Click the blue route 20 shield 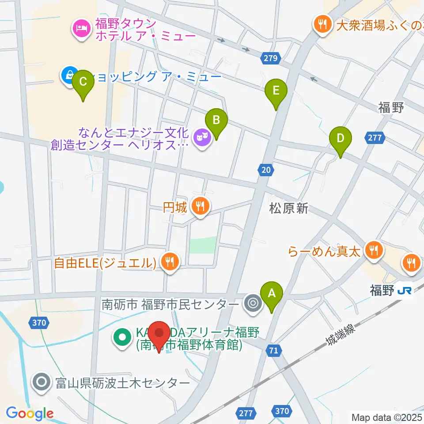(x=265, y=170)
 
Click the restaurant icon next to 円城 (x=201, y=206)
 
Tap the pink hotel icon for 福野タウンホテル (x=81, y=28)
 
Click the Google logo (x=30, y=413)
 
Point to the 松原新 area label (x=288, y=208)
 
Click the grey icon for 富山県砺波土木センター (x=42, y=382)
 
